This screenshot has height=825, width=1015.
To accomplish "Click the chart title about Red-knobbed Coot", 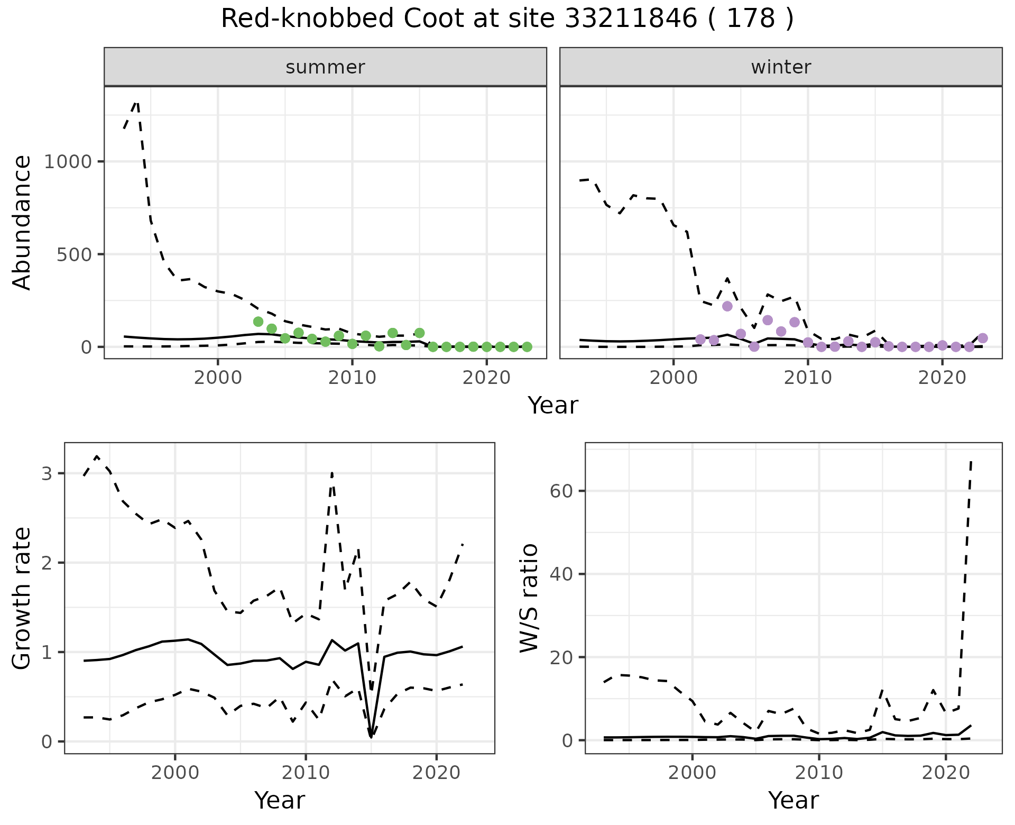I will coord(507,19).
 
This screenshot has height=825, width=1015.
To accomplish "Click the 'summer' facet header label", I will coord(325,67).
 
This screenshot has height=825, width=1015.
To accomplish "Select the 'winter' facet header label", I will coord(781,67).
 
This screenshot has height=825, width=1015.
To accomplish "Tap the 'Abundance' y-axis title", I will coord(22,223).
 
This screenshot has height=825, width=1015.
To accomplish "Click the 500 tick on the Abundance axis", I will coord(73,254).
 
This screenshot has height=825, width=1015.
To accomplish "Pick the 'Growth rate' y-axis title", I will coord(22,598).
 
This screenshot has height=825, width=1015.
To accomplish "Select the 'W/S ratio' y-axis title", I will coord(529,598).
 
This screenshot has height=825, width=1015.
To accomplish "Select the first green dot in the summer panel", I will coord(258,322).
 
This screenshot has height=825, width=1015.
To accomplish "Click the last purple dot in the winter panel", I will coord(983,338).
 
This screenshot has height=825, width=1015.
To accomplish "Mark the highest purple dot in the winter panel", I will coord(727,306).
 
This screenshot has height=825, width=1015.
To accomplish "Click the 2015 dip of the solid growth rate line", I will coord(371,736).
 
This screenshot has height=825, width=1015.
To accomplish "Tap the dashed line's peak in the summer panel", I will coord(137,102).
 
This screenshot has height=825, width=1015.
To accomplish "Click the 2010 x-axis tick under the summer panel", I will coord(352,378).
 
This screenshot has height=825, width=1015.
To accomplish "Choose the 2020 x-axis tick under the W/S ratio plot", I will coord(946,773).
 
